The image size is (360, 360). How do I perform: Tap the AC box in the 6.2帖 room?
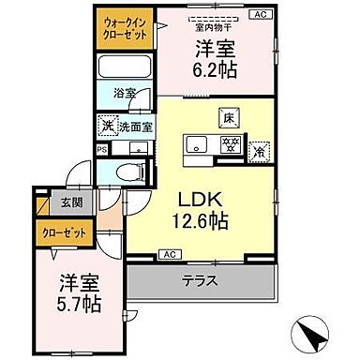[x=261, y=14]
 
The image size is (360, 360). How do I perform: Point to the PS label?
[x=100, y=148]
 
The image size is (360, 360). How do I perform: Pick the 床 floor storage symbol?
[x=228, y=117]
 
